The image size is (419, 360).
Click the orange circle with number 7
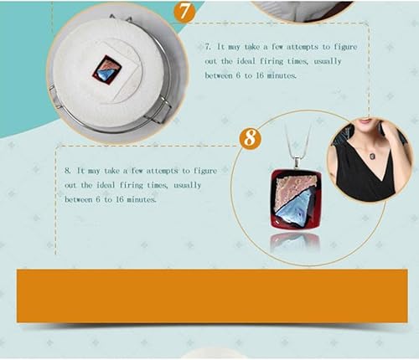(184, 11)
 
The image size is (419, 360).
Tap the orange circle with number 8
(251, 137)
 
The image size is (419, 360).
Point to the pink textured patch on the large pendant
(294, 189)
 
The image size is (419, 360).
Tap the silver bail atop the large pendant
(297, 163)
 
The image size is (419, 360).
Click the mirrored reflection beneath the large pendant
(295, 242)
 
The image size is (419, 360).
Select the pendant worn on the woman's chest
(373, 157)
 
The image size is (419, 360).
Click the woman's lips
(366, 120)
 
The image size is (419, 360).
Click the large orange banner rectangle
(212, 296)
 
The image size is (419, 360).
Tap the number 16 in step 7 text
(260, 75)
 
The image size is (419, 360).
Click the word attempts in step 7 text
(302, 47)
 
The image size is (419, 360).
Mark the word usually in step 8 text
(187, 185)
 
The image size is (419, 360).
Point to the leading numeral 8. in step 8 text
(68, 171)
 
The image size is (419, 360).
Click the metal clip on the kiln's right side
(160, 111)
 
